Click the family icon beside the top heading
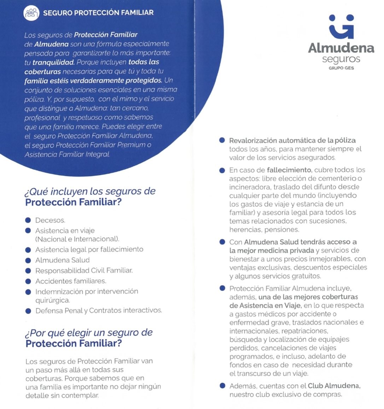pos(31,13)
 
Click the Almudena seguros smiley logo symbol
pos(341,27)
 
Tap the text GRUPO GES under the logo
pos(341,68)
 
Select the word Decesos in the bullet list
pos(50,220)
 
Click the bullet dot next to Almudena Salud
pos(28,260)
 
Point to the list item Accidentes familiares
pos(71,281)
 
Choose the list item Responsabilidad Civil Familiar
pos(84,270)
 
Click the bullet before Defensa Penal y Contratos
pos(28,311)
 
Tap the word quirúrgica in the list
pos(52,300)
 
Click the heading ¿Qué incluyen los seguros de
pos(90,191)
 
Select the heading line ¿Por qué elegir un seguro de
pos(89,333)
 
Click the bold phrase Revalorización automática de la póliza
pos(292,140)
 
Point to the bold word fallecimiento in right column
pos(289,170)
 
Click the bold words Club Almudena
pos(334,386)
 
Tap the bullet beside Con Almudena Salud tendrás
pos(222,242)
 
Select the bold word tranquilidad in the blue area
pos(53,62)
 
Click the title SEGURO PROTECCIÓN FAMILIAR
pos(98,13)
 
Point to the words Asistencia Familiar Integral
pos(67,154)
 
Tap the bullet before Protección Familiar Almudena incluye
pos(222,288)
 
